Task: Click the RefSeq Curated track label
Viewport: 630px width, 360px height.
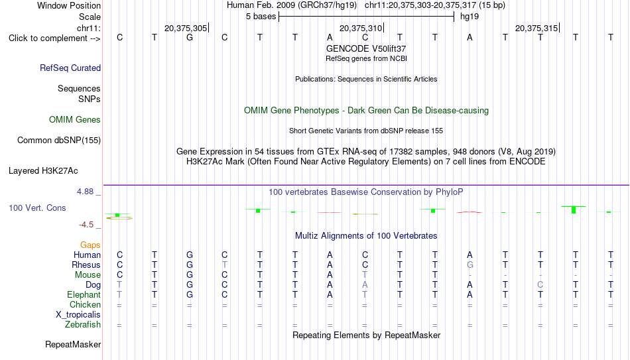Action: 70,68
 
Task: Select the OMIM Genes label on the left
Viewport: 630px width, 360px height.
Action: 75,120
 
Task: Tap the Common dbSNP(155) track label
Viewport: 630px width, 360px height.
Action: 59,141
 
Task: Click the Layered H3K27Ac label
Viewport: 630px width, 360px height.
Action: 43,171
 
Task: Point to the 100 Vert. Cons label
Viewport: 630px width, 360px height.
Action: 37,208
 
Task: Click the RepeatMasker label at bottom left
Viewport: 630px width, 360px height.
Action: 73,344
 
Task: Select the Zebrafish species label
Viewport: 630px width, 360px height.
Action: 83,325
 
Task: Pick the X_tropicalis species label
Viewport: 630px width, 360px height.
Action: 78,315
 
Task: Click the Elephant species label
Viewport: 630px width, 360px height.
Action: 84,295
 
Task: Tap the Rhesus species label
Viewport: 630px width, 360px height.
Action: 86,265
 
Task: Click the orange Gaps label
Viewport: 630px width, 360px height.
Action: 90,245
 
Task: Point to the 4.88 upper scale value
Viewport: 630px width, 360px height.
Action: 85,192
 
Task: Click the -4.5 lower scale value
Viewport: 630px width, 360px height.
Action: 86,225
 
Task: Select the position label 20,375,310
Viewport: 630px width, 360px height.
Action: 361,28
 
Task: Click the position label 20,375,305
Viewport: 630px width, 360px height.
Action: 186,28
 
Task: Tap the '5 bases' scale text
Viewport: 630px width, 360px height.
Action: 261,17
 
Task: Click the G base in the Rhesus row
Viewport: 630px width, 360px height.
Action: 470,265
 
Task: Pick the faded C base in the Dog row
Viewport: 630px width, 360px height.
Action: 540,285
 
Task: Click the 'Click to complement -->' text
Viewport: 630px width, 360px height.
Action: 54,38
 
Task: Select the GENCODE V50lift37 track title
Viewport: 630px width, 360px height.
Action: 366,48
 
